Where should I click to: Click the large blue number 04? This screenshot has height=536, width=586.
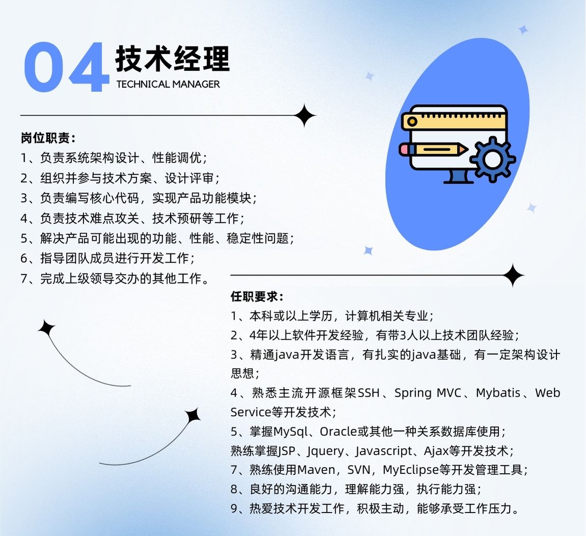[x=67, y=67]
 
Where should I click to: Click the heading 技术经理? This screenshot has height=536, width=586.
[x=172, y=58]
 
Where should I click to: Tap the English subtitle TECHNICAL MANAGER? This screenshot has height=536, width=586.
[x=168, y=85]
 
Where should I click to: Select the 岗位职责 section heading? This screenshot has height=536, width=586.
[x=48, y=138]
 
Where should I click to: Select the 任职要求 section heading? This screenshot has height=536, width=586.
[x=257, y=297]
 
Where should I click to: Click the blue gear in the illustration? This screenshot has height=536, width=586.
[x=493, y=160]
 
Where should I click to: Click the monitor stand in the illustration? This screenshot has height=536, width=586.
[x=459, y=176]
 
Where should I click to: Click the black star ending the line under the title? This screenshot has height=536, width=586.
[x=305, y=116]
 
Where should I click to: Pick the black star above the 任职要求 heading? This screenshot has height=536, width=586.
[x=513, y=275]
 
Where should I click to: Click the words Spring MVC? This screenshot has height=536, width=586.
[x=428, y=393]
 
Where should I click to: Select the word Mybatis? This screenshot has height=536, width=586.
[x=498, y=393]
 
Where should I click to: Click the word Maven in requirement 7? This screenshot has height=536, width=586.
[x=316, y=470]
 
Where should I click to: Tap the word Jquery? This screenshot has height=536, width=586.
[x=325, y=451]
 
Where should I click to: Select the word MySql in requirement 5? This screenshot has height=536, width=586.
[x=290, y=432]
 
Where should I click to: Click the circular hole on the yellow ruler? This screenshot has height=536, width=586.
[x=412, y=121]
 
